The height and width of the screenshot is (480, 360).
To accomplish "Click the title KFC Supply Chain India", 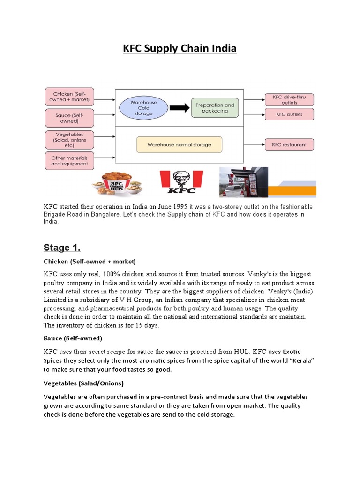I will pyautogui.click(x=180, y=48).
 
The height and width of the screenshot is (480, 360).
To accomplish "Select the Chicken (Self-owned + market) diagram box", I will pyautogui.click(x=69, y=97).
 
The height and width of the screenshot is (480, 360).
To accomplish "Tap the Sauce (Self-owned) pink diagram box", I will pyautogui.click(x=69, y=118).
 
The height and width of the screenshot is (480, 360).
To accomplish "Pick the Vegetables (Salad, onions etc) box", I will pyautogui.click(x=69, y=140).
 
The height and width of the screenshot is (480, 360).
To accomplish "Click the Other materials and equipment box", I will pyautogui.click(x=69, y=161).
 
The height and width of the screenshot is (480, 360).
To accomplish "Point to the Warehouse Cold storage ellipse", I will pyautogui.click(x=143, y=107).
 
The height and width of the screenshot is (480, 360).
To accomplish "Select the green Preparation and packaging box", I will pyautogui.click(x=215, y=108).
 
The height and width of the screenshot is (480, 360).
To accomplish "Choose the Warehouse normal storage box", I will pyautogui.click(x=179, y=145).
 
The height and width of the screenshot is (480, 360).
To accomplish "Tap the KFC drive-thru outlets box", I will pyautogui.click(x=289, y=99).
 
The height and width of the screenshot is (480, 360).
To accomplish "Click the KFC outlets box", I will pyautogui.click(x=289, y=114).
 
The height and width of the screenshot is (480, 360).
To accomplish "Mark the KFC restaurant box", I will pyautogui.click(x=289, y=145).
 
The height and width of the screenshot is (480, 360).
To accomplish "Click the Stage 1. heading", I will pyautogui.click(x=62, y=247).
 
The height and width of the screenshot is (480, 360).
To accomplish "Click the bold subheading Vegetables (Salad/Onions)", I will pyautogui.click(x=83, y=383).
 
